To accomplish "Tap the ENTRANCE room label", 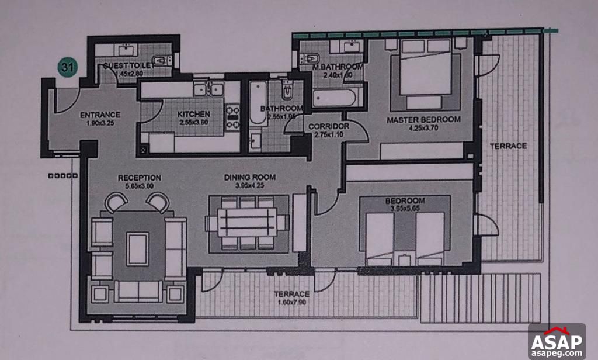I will tap(100, 115).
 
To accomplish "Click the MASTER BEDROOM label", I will tap(423, 120).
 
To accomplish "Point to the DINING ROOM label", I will tap(250, 177).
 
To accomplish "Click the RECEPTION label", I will tap(139, 178).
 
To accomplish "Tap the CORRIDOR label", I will tap(328, 126).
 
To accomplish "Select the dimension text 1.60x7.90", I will tap(291, 303).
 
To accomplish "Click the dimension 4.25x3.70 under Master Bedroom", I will tap(423, 128).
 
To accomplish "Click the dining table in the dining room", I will tap(248, 223).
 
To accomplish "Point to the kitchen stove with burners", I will tap(233, 115).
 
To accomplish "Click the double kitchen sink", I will tap(208, 89).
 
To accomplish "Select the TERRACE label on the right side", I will tap(508, 146).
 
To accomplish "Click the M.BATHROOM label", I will tap(338, 67).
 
